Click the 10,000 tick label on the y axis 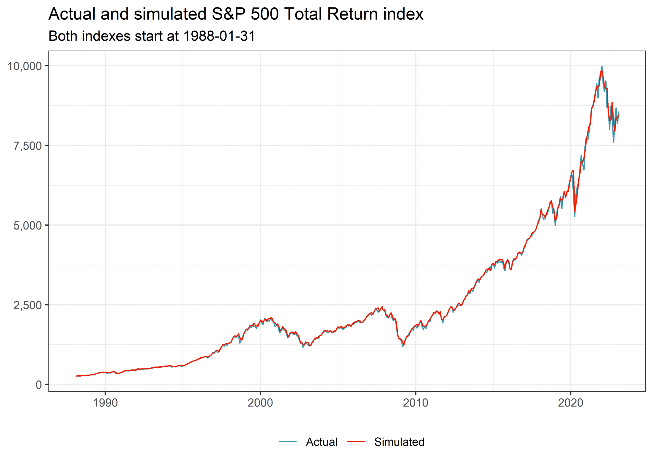pyautogui.click(x=24, y=66)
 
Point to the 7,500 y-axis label pyautogui.click(x=28, y=146)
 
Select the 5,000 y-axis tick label pyautogui.click(x=28, y=225)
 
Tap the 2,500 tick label pyautogui.click(x=28, y=305)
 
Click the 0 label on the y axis pyautogui.click(x=39, y=385)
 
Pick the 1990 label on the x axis pyautogui.click(x=105, y=403)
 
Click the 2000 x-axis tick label pyautogui.click(x=260, y=403)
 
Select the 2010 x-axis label pyautogui.click(x=416, y=403)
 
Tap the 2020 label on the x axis pyautogui.click(x=571, y=403)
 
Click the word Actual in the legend pyautogui.click(x=321, y=442)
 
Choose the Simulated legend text pyautogui.click(x=399, y=442)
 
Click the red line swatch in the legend pyautogui.click(x=356, y=441)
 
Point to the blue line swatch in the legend pyautogui.click(x=287, y=441)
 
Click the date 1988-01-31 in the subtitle pyautogui.click(x=219, y=36)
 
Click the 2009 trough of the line pyautogui.click(x=403, y=346)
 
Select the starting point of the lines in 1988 pyautogui.click(x=76, y=376)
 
